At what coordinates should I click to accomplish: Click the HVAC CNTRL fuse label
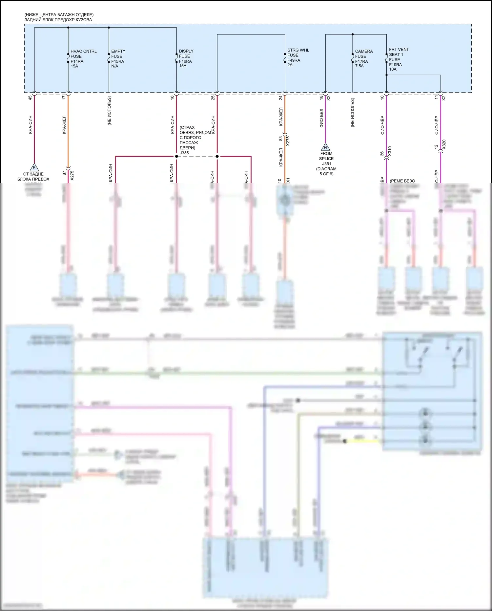[x=83, y=58]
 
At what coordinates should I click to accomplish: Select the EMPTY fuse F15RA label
[x=118, y=58]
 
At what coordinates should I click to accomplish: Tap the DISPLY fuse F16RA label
[x=186, y=58]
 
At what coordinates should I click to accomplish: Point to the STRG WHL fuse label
[x=298, y=57]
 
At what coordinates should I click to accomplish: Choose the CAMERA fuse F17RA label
[x=363, y=58]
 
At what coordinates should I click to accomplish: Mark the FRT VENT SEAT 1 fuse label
[x=399, y=59]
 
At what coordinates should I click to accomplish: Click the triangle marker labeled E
[x=34, y=167]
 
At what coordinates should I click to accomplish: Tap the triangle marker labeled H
[x=325, y=147]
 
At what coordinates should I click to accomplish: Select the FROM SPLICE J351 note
[x=326, y=164]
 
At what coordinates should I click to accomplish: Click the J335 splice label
[x=184, y=153]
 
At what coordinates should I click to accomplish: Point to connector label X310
[x=390, y=151]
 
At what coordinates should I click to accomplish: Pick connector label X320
[x=444, y=144]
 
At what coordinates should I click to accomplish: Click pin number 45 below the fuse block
[x=30, y=98]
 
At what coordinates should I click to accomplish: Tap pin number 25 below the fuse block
[x=213, y=98]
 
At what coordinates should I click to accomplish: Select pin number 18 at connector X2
[x=321, y=98]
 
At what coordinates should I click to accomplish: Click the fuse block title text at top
[x=59, y=17]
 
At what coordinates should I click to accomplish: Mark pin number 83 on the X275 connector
[x=281, y=139]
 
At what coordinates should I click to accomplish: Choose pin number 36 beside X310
[x=382, y=153]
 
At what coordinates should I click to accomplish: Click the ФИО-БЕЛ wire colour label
[x=321, y=118]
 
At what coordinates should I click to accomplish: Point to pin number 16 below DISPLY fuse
[x=172, y=98]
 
